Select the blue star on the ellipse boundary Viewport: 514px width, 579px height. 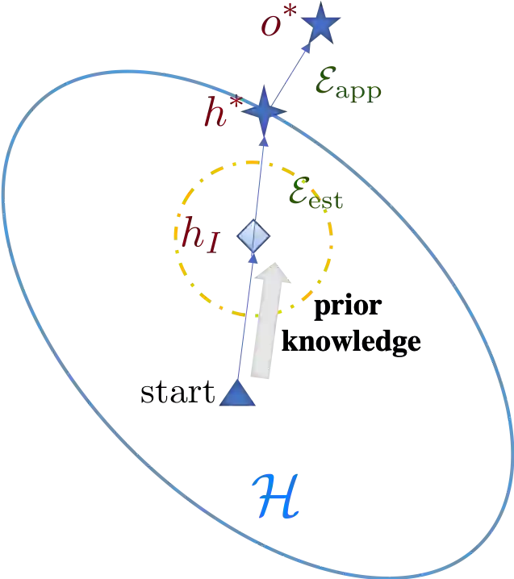click(x=262, y=110)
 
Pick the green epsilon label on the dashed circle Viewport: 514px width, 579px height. click(x=316, y=196)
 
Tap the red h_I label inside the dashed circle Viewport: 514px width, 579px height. click(x=198, y=235)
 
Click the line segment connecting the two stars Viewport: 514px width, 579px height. click(x=292, y=68)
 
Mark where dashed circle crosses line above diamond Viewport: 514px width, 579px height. click(x=259, y=161)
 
